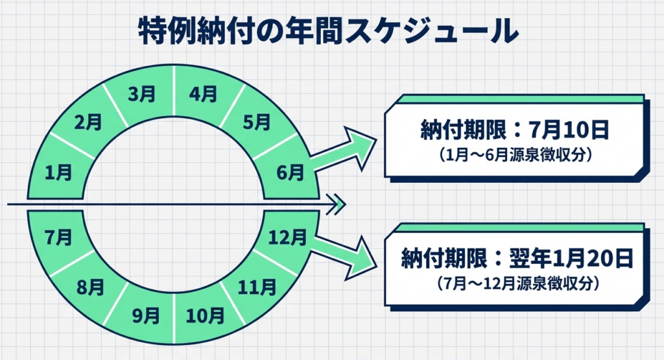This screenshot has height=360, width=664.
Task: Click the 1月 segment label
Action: pos(58,172)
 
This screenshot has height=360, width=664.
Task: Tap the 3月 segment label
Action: pos(141,95)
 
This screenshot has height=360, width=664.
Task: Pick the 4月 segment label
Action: pos(204,95)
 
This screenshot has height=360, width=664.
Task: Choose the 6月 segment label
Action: pos(289,172)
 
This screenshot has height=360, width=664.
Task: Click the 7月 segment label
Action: pos(58,237)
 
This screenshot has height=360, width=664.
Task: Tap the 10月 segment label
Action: pos(206,316)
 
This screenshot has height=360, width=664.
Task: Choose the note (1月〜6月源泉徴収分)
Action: pos(516,156)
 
